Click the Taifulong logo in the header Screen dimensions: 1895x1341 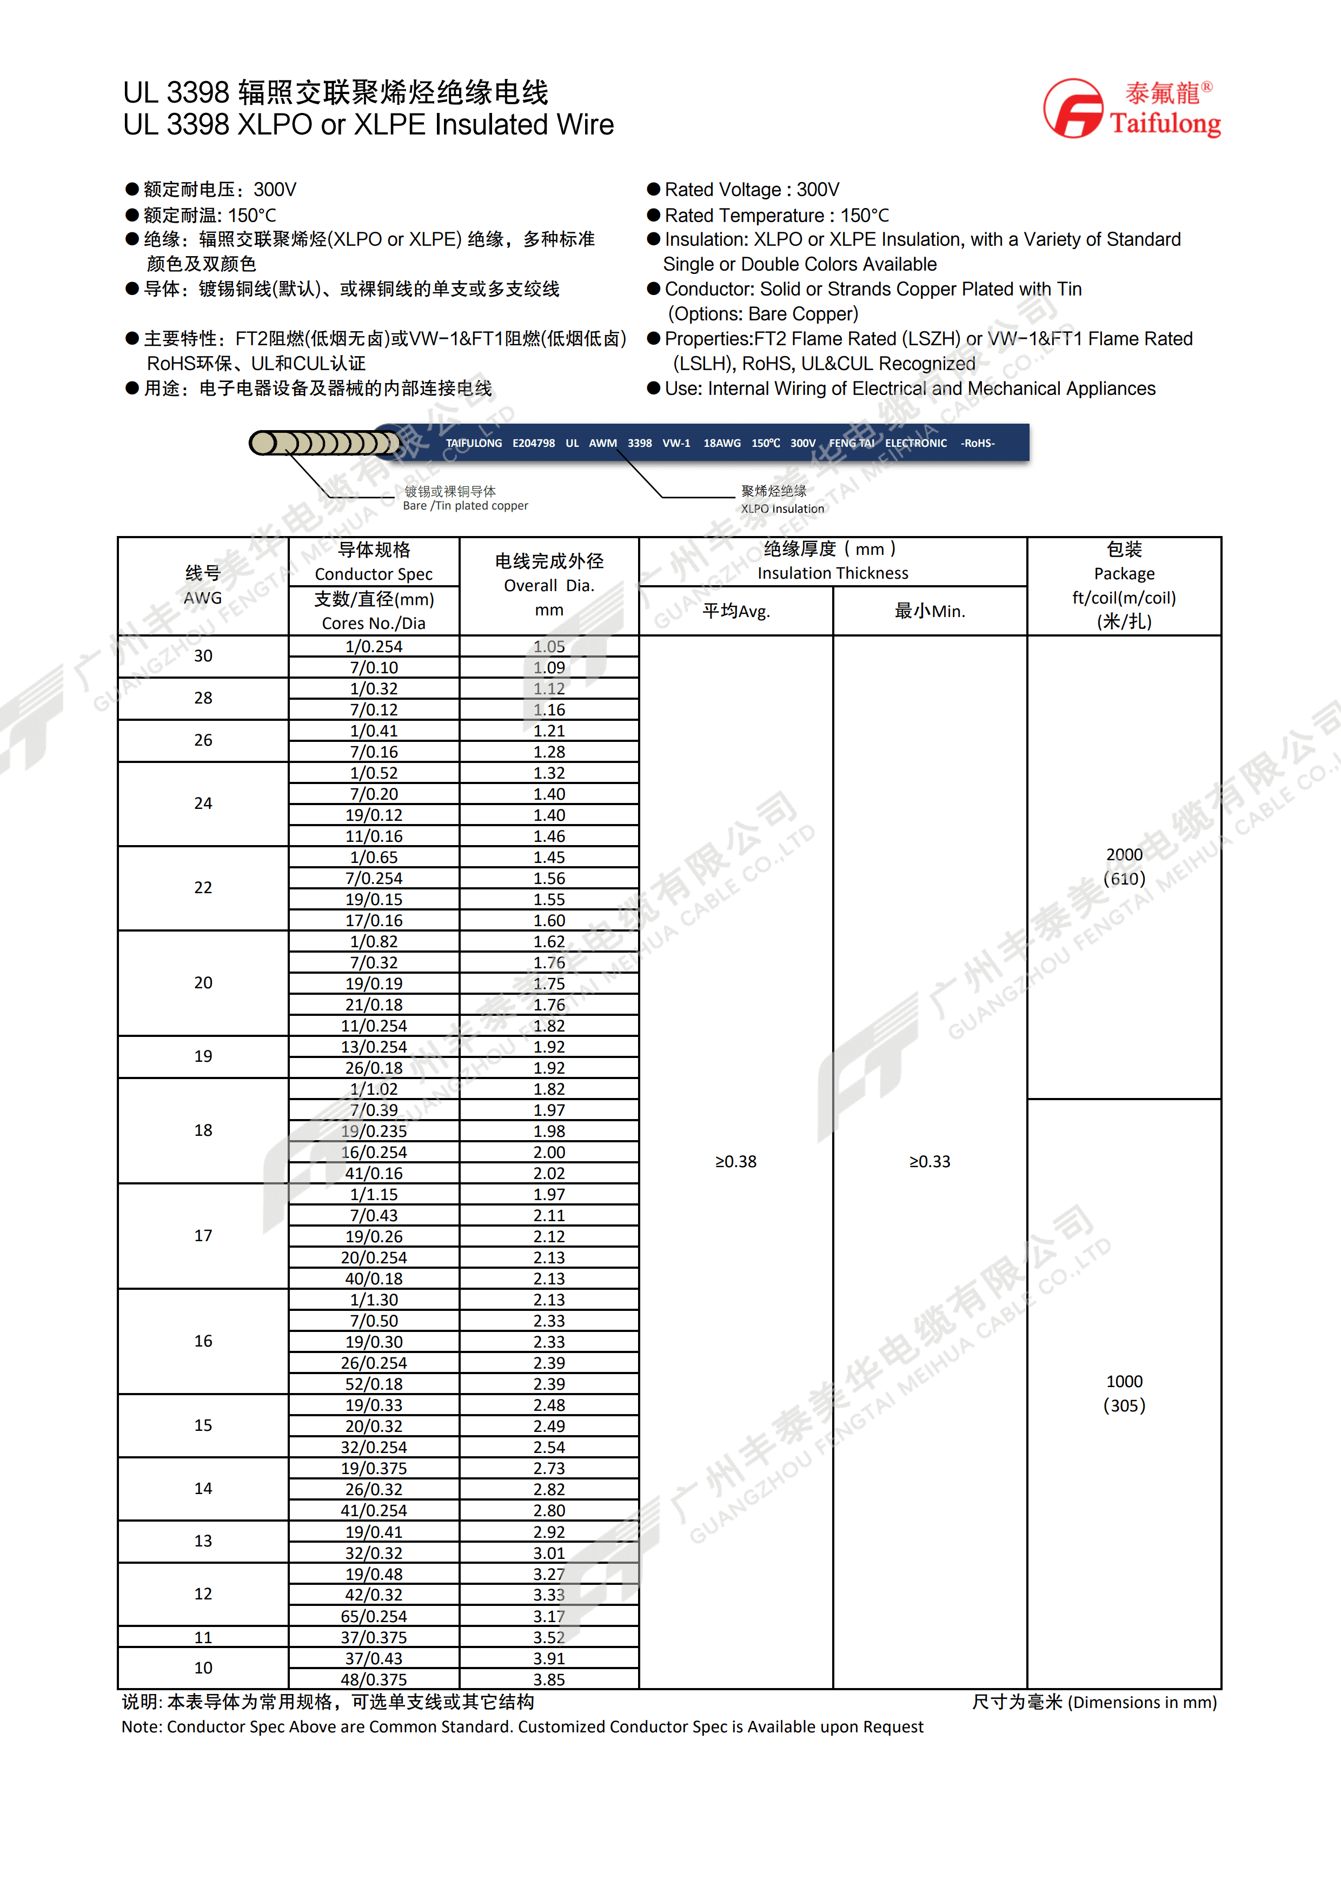(x=1131, y=109)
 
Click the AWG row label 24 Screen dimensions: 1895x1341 (x=203, y=803)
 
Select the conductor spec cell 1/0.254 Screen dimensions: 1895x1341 (x=374, y=646)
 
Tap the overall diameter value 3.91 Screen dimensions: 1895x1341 (x=549, y=1658)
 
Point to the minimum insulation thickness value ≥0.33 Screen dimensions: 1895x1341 (x=930, y=1161)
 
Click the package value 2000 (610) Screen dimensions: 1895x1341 (x=1124, y=867)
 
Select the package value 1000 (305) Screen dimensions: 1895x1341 (x=1124, y=1393)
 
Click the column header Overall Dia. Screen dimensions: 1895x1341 (x=549, y=585)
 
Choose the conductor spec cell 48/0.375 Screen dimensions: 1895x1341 (x=374, y=1679)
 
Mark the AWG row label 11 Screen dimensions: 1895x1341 (x=203, y=1637)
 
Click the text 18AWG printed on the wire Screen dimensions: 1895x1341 (x=722, y=443)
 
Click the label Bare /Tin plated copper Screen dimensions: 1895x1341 (x=465, y=506)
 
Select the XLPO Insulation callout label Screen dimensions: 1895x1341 (x=782, y=508)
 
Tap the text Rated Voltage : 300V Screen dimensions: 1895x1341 (x=752, y=190)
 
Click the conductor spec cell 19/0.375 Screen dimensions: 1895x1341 (x=374, y=1468)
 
